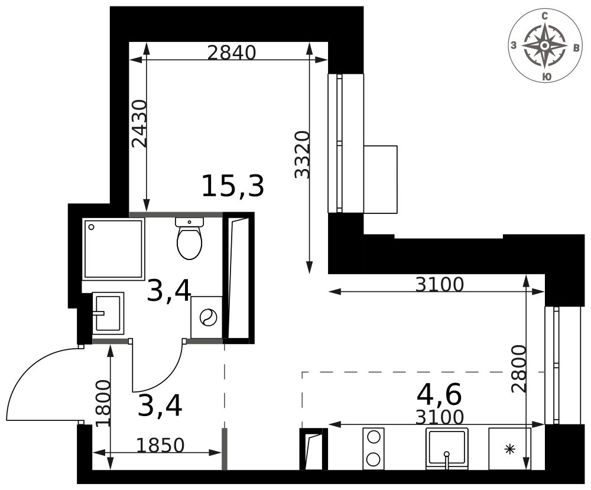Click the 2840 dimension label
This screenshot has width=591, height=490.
click(232, 53)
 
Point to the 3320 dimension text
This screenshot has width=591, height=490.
click(303, 154)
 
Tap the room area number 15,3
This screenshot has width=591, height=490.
click(232, 187)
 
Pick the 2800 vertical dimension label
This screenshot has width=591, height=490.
click(519, 369)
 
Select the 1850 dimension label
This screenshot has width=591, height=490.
click(160, 445)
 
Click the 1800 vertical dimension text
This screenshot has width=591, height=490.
click(104, 403)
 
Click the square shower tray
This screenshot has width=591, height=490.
click(114, 249)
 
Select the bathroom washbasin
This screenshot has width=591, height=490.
click(108, 313)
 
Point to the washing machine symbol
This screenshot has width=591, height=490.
click(207, 317)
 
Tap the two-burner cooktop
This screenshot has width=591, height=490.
click(374, 449)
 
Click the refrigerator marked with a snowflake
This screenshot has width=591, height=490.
click(509, 449)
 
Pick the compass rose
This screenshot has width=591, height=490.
click(545, 46)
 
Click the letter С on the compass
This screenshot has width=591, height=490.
click(545, 16)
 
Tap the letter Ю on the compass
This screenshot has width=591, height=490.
click(547, 76)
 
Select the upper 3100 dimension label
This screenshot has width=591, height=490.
click(439, 285)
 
